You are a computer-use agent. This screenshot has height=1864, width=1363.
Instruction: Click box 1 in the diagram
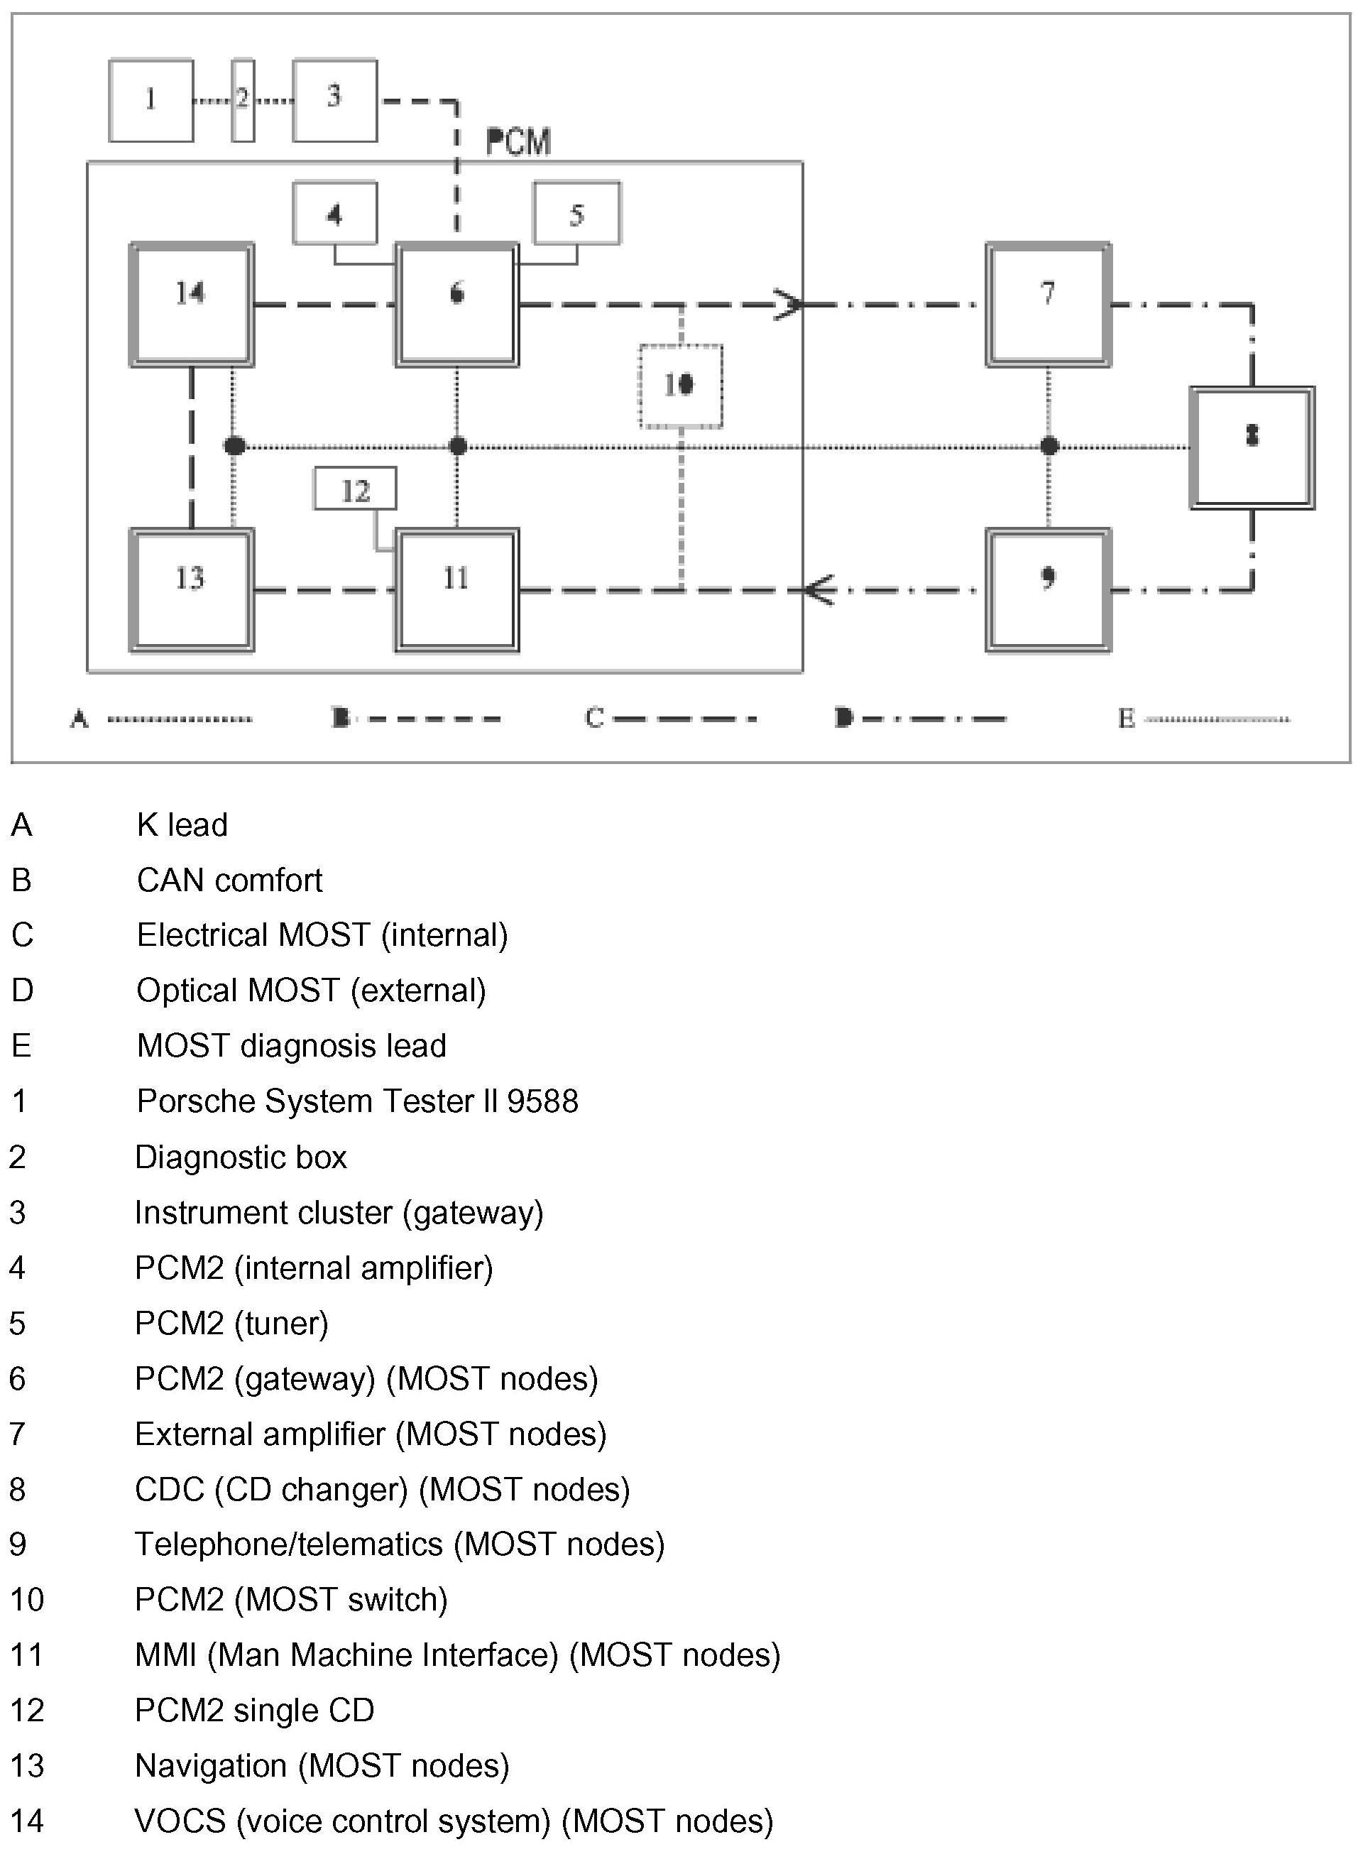point(151,100)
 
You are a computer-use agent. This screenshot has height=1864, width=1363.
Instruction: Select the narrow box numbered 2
point(243,100)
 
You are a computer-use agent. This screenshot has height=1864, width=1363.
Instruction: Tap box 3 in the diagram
point(334,100)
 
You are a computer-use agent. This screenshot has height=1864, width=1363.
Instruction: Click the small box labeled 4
point(334,213)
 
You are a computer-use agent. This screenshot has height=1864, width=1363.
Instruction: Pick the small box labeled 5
point(576,213)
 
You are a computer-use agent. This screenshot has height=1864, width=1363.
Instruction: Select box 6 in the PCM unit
point(456,304)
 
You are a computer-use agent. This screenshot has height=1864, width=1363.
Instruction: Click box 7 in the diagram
point(1048,304)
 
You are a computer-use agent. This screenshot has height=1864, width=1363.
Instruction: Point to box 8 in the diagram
point(1252,447)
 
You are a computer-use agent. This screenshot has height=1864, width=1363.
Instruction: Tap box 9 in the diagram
point(1048,589)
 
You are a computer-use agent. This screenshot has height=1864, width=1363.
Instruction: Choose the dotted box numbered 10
point(681,386)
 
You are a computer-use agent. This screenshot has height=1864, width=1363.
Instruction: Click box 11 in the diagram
point(456,589)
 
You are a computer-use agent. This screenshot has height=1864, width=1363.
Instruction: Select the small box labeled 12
point(355,489)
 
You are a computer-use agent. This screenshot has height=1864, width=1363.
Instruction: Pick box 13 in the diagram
point(192,589)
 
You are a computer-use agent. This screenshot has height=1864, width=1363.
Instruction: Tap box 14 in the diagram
point(192,304)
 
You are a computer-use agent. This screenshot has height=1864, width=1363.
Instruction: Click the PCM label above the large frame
point(518,143)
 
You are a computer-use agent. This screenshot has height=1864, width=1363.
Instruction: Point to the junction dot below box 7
point(1049,447)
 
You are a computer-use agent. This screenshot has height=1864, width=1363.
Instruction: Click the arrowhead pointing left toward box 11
point(817,590)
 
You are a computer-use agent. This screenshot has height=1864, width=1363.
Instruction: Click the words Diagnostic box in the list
point(240,1157)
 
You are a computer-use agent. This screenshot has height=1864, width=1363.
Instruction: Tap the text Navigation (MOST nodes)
point(322,1765)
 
